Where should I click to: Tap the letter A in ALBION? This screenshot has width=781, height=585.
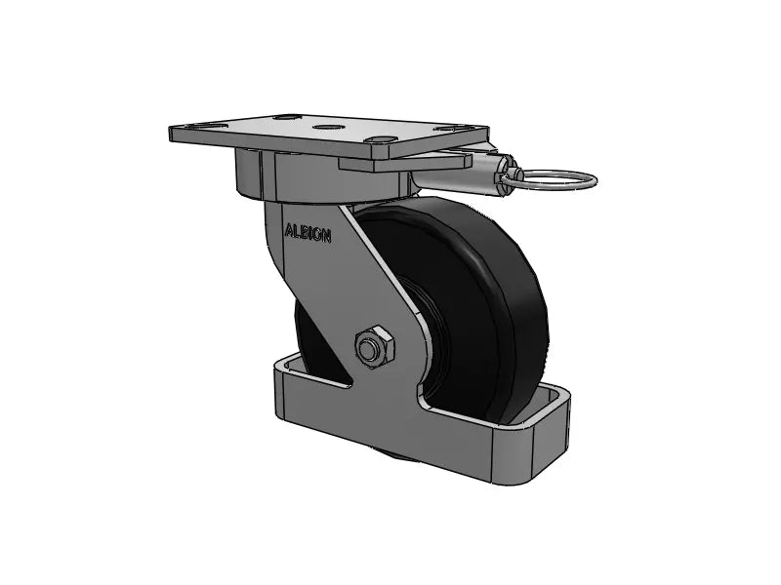[x=288, y=232]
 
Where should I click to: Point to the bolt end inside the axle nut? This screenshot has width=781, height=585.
[x=370, y=348]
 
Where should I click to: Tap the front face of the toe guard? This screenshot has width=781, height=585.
[x=390, y=439]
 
